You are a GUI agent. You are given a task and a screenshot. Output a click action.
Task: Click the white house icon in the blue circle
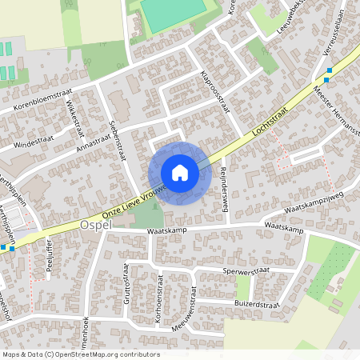coord(180,173)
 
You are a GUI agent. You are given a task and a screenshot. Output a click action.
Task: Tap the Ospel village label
coord(96,226)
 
